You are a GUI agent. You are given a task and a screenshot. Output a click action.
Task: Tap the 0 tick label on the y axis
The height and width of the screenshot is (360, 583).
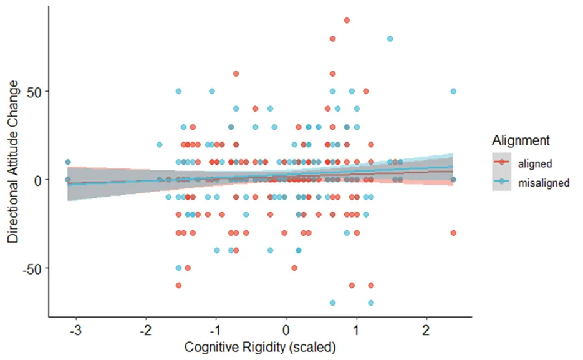pos(37,180)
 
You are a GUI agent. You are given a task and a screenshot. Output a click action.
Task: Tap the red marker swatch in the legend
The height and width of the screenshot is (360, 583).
pos(501,162)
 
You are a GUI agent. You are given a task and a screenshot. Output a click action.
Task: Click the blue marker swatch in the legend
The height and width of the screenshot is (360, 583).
pos(501,182)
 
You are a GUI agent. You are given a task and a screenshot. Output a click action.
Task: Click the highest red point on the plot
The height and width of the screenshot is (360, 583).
pos(347,21)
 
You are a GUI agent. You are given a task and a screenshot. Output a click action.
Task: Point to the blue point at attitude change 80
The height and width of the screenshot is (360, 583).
pos(390,39)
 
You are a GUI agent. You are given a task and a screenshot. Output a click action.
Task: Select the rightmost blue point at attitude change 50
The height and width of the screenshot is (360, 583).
pos(453,91)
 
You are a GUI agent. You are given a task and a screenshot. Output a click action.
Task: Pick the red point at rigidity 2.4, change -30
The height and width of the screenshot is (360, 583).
pos(453,233)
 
